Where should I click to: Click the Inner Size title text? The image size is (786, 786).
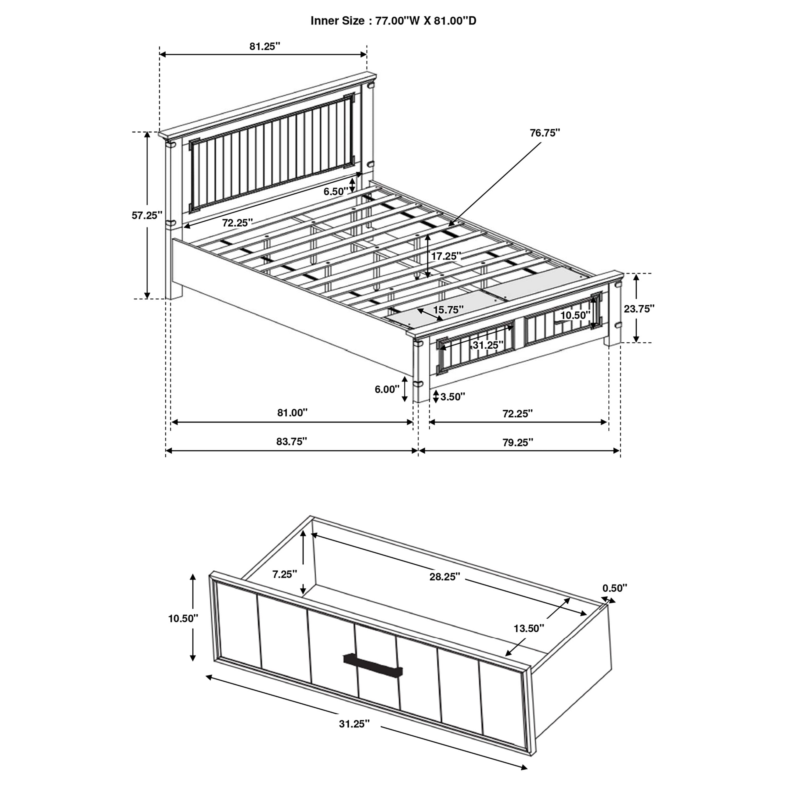(x=393, y=21)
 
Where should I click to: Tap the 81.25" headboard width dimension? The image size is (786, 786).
(x=265, y=47)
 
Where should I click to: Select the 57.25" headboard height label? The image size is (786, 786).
(x=147, y=215)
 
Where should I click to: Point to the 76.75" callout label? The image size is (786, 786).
(x=545, y=133)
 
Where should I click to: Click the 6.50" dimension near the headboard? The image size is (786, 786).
(x=336, y=191)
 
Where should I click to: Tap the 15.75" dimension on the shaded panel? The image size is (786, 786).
(x=448, y=310)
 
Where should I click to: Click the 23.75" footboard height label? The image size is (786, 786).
(x=639, y=308)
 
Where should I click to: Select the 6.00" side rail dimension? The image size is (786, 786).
(x=387, y=389)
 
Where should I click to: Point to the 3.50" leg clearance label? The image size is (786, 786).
(x=453, y=397)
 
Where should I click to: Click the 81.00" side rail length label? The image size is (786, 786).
(x=292, y=413)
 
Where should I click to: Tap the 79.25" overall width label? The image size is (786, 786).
(x=518, y=442)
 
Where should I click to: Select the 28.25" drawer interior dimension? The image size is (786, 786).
(x=445, y=577)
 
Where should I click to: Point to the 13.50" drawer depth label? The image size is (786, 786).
(x=529, y=628)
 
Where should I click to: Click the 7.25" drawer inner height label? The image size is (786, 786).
(x=285, y=574)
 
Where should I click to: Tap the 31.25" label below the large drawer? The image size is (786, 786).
(x=354, y=724)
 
